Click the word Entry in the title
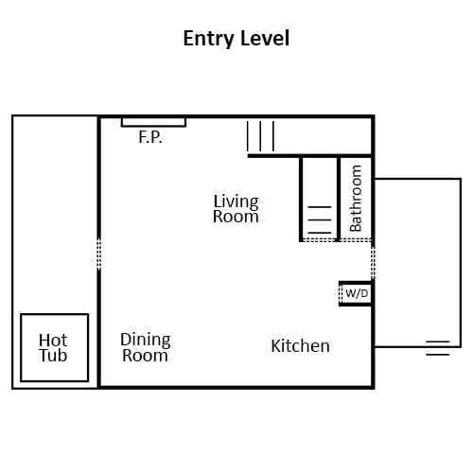coord(208,39)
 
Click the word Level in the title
coord(265,38)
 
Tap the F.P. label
coord(150,137)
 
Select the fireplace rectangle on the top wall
coord(153,122)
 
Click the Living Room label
coord(236,209)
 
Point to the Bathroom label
coord(356,198)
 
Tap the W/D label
coord(357,293)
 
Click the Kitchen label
coord(300,346)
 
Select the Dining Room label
coord(146,347)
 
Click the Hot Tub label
coord(53,348)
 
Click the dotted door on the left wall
coord(98,254)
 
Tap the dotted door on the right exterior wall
coord(373,262)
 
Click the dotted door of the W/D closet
coord(341,293)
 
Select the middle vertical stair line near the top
coord(260,136)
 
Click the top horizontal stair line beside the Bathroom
coord(320,207)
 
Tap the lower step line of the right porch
coord(437,355)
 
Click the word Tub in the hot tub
coord(53,356)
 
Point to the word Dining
coord(146,341)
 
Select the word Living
coord(236,201)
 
